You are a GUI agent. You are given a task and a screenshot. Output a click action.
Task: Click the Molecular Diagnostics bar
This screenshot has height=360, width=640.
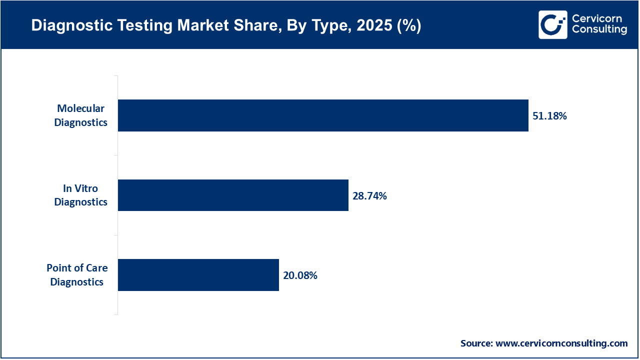[x=323, y=115]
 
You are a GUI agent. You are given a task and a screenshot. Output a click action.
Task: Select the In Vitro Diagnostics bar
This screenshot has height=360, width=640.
[x=233, y=195]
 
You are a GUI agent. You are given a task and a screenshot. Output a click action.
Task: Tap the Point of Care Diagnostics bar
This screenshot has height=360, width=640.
[x=198, y=275]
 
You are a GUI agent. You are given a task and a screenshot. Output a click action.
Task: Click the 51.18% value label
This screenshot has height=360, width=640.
[x=549, y=116]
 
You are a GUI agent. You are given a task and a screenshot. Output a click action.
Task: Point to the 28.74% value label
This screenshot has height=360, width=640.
[x=369, y=196]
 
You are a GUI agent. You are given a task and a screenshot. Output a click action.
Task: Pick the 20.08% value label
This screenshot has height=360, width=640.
[x=300, y=275]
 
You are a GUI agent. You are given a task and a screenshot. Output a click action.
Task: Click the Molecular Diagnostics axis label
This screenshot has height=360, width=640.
[x=80, y=115]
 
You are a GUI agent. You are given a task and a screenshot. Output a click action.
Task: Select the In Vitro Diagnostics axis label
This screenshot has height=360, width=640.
[x=80, y=195]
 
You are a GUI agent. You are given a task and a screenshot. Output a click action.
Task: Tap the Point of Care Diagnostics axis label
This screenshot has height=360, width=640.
[x=77, y=275]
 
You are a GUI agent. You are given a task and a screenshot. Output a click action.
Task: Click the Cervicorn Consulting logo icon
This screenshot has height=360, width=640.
[x=552, y=24]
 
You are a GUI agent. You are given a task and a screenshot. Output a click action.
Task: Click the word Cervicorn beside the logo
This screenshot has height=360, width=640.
[x=597, y=19]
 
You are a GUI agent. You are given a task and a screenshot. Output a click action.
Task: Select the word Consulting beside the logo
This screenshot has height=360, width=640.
[x=599, y=30]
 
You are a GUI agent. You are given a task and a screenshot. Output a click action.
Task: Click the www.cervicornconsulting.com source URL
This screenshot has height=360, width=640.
[x=561, y=343]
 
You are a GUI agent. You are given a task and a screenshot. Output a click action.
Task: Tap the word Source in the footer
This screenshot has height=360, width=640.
[x=476, y=343]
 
